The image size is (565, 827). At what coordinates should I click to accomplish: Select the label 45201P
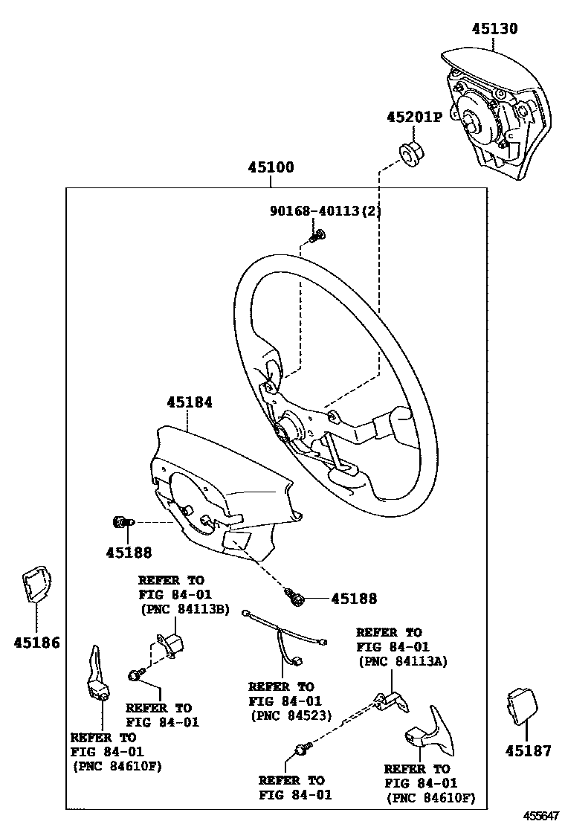point(414,117)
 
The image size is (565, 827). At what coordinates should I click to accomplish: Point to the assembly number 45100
point(271,167)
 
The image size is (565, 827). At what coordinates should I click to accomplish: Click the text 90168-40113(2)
point(325,211)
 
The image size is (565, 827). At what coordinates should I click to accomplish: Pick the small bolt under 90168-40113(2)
point(317,236)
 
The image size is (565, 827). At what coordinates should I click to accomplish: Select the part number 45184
point(190,402)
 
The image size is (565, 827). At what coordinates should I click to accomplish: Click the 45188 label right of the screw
point(354,599)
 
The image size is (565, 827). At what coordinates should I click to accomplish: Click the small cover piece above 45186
point(35,585)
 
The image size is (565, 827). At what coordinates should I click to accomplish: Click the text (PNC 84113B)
point(184,610)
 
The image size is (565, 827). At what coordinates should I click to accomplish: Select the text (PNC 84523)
point(290,716)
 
